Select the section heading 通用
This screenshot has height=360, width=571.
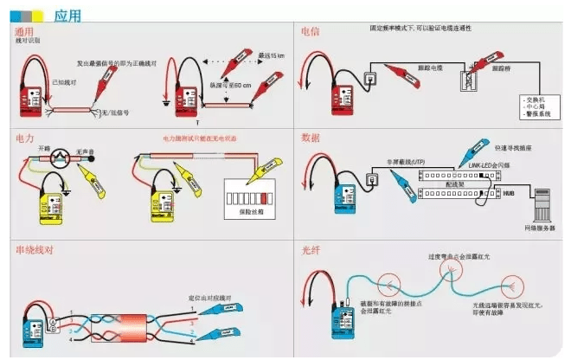pos(25,31)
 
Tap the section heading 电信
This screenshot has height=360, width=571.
pos(309,31)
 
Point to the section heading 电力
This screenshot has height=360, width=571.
pos(25,138)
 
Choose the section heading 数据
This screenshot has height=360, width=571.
pos(309,138)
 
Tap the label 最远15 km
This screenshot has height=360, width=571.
pos(270,57)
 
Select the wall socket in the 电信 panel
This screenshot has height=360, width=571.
pos(371,80)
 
